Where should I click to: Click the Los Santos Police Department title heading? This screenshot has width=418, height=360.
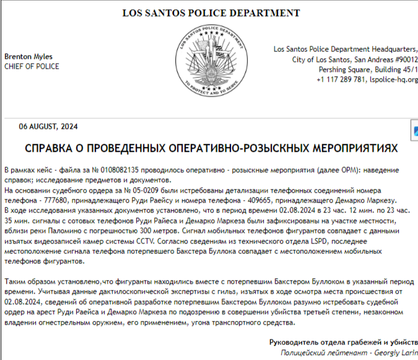pyautogui.click(x=211, y=12)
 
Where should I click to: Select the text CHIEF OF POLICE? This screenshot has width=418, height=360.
pyautogui.click(x=32, y=66)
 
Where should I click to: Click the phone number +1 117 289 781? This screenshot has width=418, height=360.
pyautogui.click(x=341, y=80)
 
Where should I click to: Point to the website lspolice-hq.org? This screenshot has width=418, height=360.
pyautogui.click(x=393, y=80)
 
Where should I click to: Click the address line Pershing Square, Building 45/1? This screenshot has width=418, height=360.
pyautogui.click(x=364, y=70)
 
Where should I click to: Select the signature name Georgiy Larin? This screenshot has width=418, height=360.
pyautogui.click(x=396, y=352)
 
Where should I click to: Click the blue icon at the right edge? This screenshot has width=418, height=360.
pyautogui.click(x=415, y=131)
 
